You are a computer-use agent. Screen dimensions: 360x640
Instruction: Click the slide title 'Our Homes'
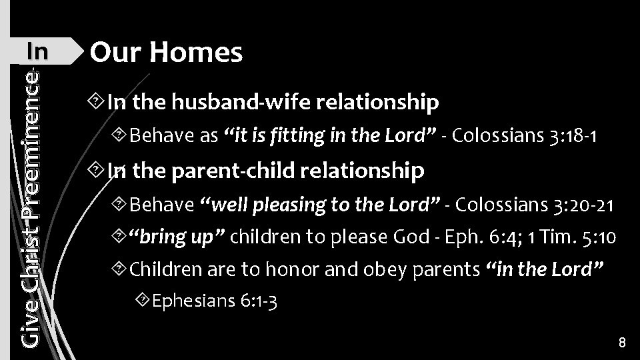[167, 53]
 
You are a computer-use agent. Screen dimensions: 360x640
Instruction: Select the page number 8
[621, 343]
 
